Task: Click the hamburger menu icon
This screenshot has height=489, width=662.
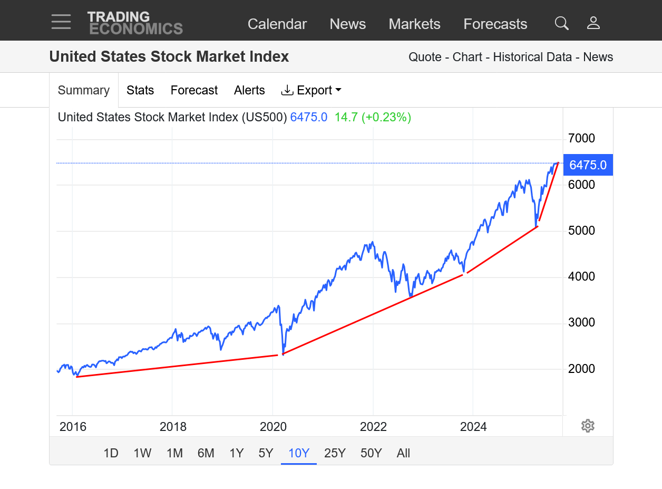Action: pos(61,22)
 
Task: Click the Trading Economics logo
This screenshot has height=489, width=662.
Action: pos(135,23)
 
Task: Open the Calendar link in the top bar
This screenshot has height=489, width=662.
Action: pos(277,24)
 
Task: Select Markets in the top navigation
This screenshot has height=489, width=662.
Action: pos(414,24)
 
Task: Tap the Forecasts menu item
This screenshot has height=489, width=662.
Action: pos(495,24)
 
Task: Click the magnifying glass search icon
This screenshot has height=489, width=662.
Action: pos(562,23)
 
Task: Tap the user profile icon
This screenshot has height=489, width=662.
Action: pos(593,23)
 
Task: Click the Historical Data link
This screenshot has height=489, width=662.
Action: pos(532,57)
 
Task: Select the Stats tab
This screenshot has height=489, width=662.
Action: pos(140,90)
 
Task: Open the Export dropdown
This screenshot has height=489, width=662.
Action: pos(311,90)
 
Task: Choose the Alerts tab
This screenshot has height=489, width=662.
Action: pos(249,90)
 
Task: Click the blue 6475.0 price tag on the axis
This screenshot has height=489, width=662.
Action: pos(588,165)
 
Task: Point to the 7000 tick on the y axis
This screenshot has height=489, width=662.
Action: pos(581,139)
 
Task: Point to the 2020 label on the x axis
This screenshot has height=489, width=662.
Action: pos(273,427)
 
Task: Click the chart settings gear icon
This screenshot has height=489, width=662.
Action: pos(588,426)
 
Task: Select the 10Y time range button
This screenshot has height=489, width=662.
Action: pos(299,453)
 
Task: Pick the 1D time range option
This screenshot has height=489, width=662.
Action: pos(111,453)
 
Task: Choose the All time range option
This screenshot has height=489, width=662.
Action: pos(403,453)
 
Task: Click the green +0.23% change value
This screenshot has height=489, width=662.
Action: pos(386,117)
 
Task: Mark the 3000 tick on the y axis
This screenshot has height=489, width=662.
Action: pos(581,322)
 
